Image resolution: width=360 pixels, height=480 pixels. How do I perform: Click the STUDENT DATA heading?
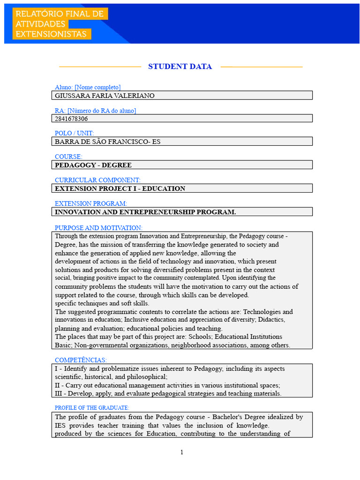point(180,67)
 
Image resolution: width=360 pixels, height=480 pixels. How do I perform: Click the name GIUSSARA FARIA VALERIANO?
point(105,96)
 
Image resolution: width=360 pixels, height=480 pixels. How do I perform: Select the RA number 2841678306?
point(71,119)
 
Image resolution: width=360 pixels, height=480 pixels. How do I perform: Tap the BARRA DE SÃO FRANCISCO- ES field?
point(107,142)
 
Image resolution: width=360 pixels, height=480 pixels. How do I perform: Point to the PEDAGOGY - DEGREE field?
point(93,165)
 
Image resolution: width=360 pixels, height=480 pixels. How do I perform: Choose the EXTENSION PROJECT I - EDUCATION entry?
point(120,188)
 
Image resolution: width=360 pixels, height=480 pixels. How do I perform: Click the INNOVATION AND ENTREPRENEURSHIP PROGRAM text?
point(145,212)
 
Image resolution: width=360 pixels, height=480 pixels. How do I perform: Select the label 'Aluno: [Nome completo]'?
point(88,87)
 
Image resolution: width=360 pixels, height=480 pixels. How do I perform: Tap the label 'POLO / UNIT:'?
point(74,134)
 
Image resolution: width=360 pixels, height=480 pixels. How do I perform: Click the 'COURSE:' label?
point(68,157)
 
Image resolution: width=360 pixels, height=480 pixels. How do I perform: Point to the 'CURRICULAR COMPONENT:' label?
point(97,180)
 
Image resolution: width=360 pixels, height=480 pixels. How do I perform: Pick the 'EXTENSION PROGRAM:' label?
point(91,203)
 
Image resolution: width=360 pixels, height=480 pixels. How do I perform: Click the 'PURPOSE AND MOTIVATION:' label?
point(98,228)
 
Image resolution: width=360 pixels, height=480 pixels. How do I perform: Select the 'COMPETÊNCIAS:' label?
point(81,360)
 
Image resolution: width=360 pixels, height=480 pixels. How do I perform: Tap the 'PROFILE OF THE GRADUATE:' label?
point(92,408)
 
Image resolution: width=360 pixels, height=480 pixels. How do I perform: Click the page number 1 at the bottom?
point(182,452)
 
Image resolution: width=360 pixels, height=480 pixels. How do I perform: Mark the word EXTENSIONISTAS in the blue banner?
point(51,34)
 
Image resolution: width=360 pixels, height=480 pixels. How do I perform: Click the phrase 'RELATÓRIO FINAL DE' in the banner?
point(60,14)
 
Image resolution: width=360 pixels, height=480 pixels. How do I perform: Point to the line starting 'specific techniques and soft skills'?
point(102,303)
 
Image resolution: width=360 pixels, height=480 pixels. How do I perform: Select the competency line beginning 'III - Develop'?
point(168,394)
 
